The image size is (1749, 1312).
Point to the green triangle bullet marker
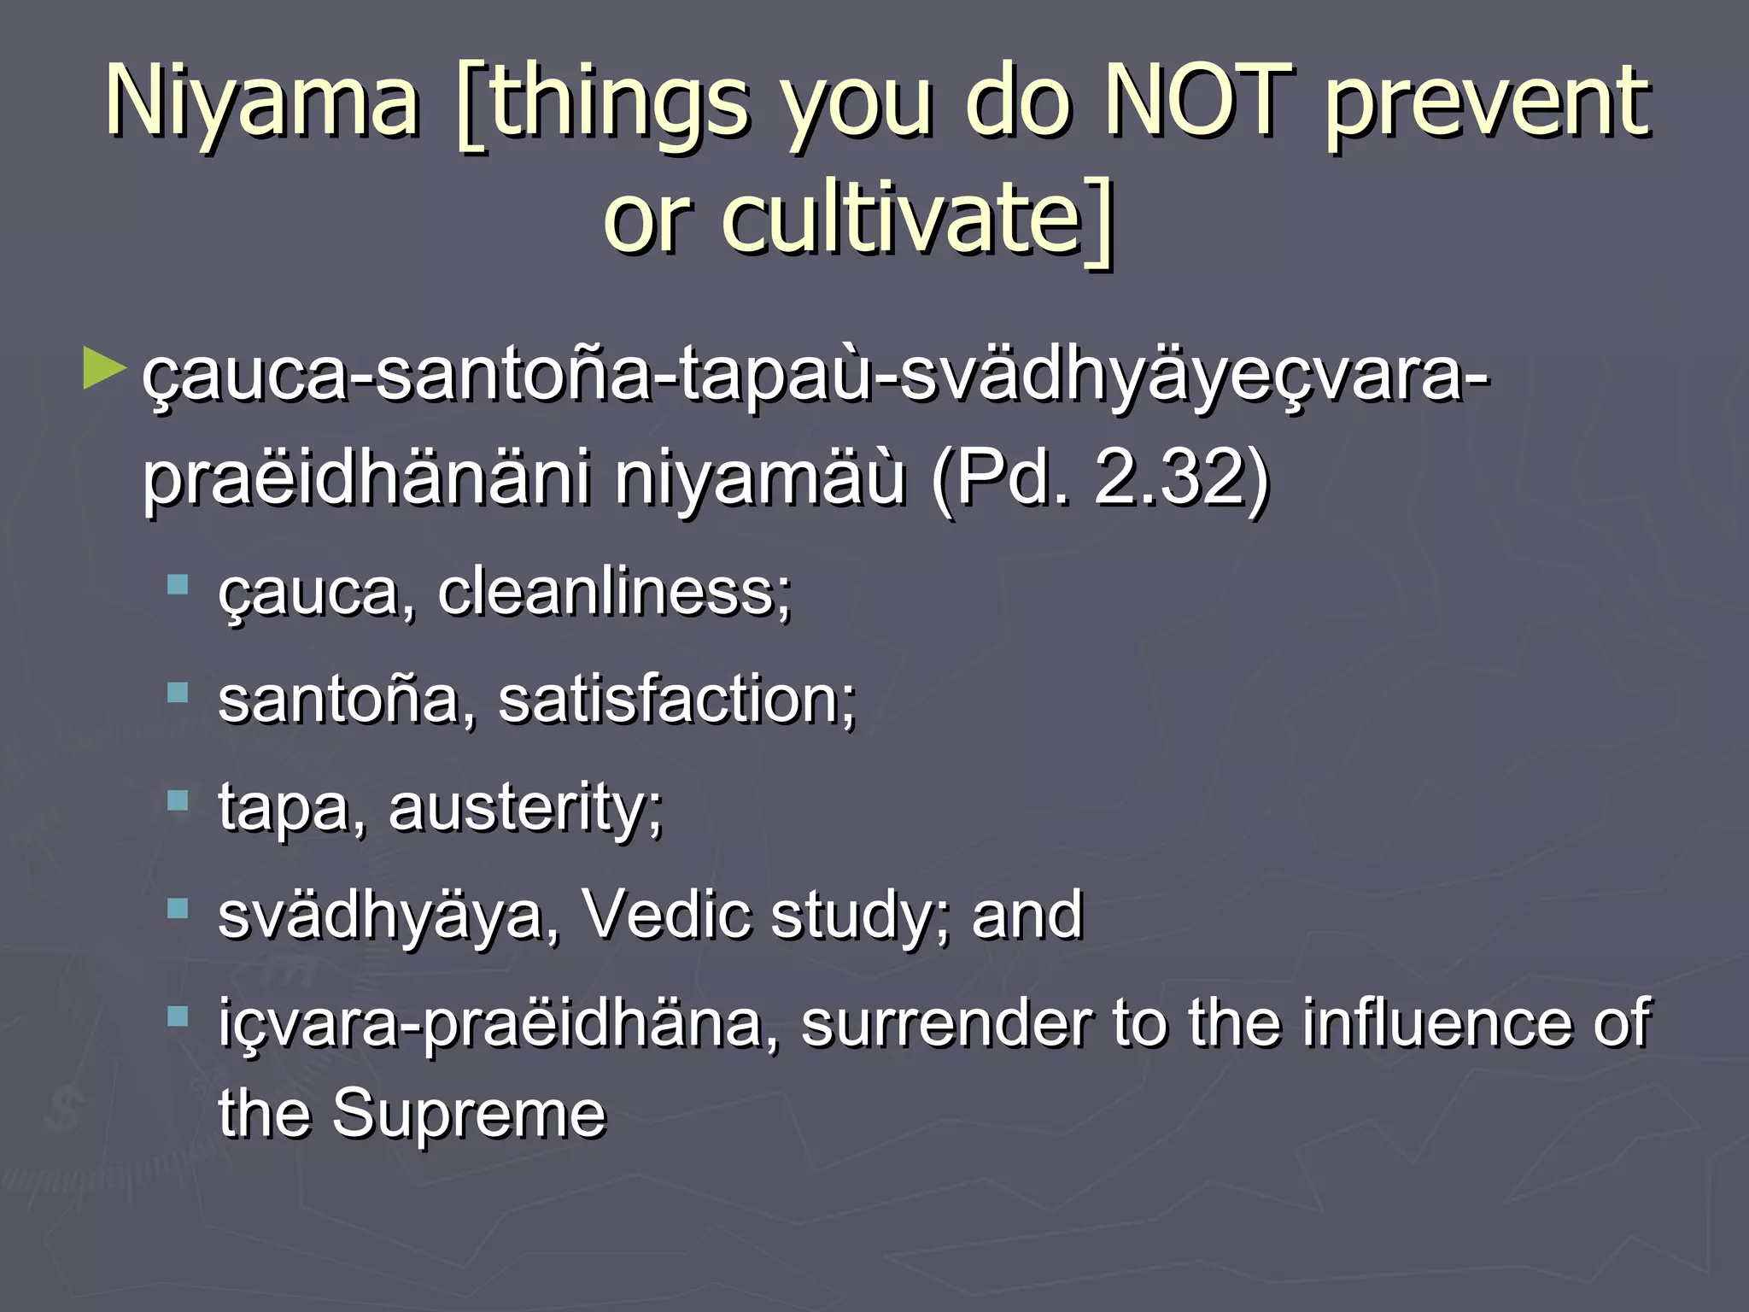tap(103, 370)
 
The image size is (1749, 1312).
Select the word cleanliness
tap(614, 592)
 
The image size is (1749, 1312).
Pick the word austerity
tap(525, 807)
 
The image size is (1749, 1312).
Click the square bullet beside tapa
tap(178, 801)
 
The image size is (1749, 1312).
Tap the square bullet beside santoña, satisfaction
tap(178, 693)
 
